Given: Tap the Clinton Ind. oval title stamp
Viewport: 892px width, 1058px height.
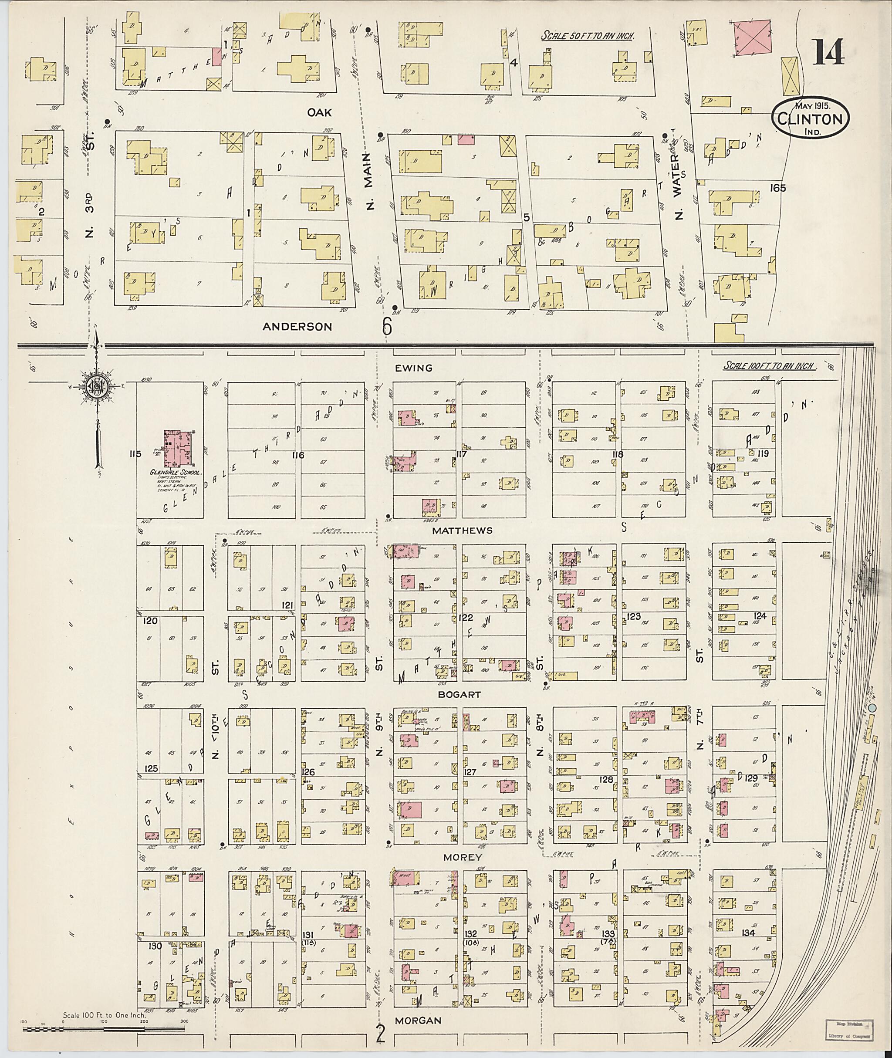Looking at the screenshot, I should click(x=810, y=118).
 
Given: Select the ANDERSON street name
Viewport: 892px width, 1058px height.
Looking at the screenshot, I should click(x=297, y=327).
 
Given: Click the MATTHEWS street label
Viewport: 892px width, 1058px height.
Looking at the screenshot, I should click(x=462, y=531).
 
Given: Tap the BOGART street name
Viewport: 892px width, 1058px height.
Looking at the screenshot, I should click(x=459, y=695).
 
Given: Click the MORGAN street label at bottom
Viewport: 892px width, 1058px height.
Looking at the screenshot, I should click(x=418, y=1021).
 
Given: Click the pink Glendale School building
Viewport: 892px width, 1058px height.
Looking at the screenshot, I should click(x=179, y=448).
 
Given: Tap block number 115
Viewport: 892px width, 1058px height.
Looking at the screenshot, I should click(x=135, y=454).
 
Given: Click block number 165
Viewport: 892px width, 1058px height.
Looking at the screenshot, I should click(x=778, y=188).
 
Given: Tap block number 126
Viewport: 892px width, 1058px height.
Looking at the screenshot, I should click(x=308, y=772).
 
